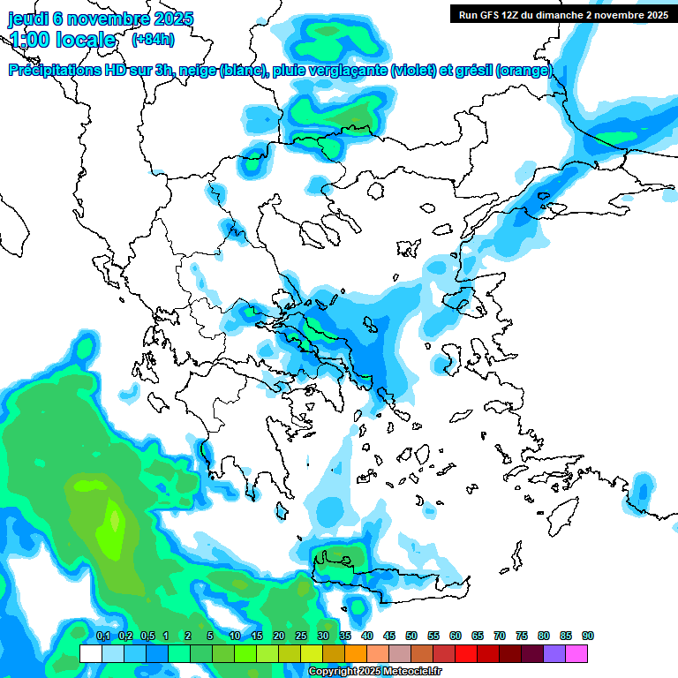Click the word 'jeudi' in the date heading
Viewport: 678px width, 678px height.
[x=29, y=19]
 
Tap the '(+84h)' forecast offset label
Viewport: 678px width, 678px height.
[x=153, y=39]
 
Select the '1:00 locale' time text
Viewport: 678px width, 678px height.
[x=63, y=40]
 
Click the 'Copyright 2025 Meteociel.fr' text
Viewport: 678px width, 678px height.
[x=374, y=672]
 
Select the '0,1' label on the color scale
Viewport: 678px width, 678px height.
[x=102, y=636]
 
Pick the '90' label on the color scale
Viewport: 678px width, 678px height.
[x=588, y=636]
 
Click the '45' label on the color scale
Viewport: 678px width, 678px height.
[x=389, y=636]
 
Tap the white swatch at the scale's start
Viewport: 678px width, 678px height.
[x=90, y=653]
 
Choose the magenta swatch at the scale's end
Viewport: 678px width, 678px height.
[x=576, y=653]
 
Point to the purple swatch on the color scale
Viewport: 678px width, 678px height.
[x=554, y=653]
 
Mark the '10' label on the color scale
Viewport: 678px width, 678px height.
[x=235, y=636]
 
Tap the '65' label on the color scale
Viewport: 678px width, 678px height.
[x=478, y=636]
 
